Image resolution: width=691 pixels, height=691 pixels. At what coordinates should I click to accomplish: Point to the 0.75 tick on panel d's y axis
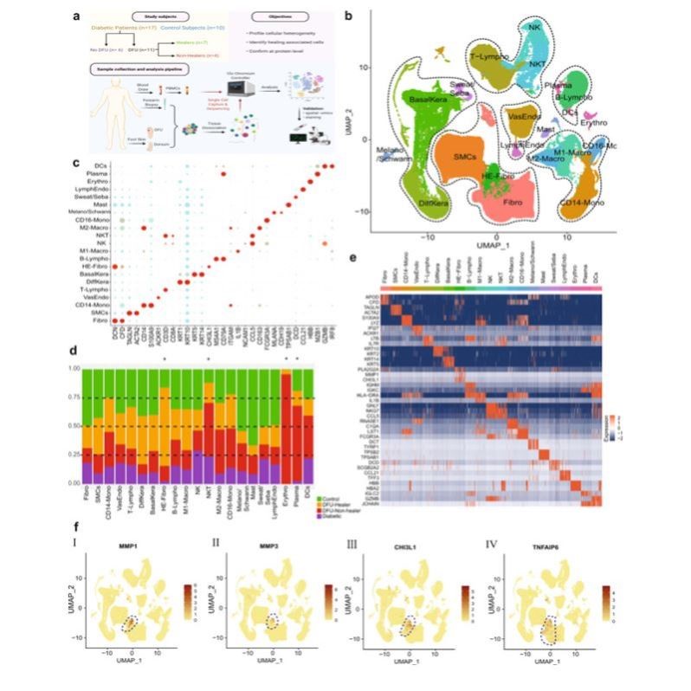71,398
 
